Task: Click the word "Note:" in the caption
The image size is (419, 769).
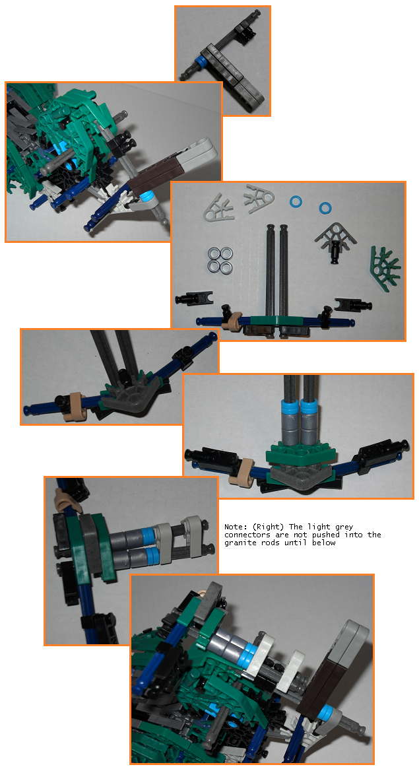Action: click(x=234, y=527)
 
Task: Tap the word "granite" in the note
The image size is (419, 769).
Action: click(x=239, y=543)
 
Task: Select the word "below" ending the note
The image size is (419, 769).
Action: click(x=324, y=543)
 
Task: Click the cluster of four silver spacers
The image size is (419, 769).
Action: click(x=220, y=259)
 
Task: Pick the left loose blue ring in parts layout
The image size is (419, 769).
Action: click(x=296, y=201)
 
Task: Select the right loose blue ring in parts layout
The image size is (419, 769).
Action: click(x=325, y=207)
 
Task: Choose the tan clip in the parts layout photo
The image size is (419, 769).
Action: click(x=232, y=320)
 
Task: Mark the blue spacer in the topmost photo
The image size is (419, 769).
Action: click(x=200, y=63)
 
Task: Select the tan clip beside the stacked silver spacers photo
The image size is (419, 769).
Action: click(x=245, y=472)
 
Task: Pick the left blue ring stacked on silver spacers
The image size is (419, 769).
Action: click(x=290, y=407)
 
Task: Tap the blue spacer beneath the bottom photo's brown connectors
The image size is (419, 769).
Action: click(x=325, y=714)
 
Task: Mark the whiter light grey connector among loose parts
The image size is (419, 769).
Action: click(x=258, y=197)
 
